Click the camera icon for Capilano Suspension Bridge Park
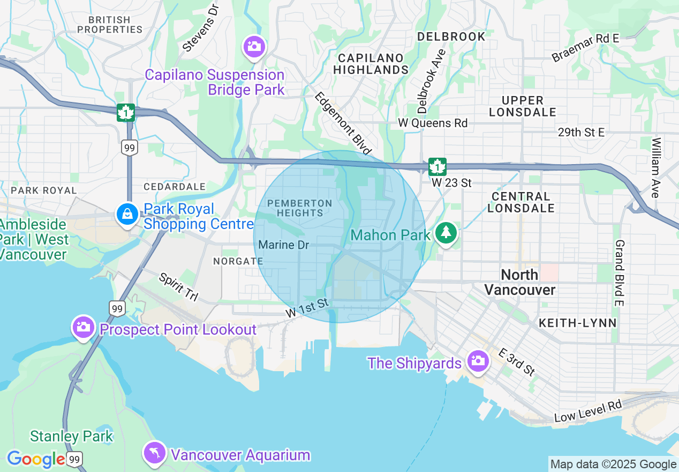coord(254,46)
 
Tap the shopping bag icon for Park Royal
coord(127,214)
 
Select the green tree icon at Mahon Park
coord(445,233)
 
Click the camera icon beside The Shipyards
coord(477,361)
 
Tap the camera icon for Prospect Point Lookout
coord(84,327)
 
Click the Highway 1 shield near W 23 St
coord(437,167)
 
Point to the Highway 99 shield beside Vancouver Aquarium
coord(75,459)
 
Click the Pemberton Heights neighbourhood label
coord(300,208)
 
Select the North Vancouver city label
coord(519,282)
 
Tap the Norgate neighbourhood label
coord(238,261)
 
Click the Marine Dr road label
coord(284,245)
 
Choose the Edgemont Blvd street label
coord(343,123)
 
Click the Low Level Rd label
coord(587,411)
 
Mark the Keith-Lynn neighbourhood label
coord(577,323)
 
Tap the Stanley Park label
coord(71,436)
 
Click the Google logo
coord(36,459)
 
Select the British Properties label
coord(110,25)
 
